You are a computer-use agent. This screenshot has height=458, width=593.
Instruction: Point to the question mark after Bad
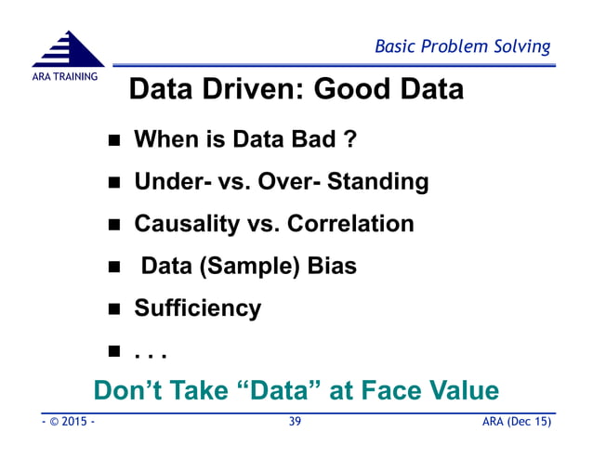point(350,140)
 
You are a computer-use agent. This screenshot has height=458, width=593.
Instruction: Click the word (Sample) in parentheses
point(246,266)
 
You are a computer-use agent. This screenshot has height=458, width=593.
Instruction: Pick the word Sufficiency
point(198,308)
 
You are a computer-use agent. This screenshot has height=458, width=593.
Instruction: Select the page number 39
point(295,422)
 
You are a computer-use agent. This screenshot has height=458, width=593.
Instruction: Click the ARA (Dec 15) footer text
point(517,422)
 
